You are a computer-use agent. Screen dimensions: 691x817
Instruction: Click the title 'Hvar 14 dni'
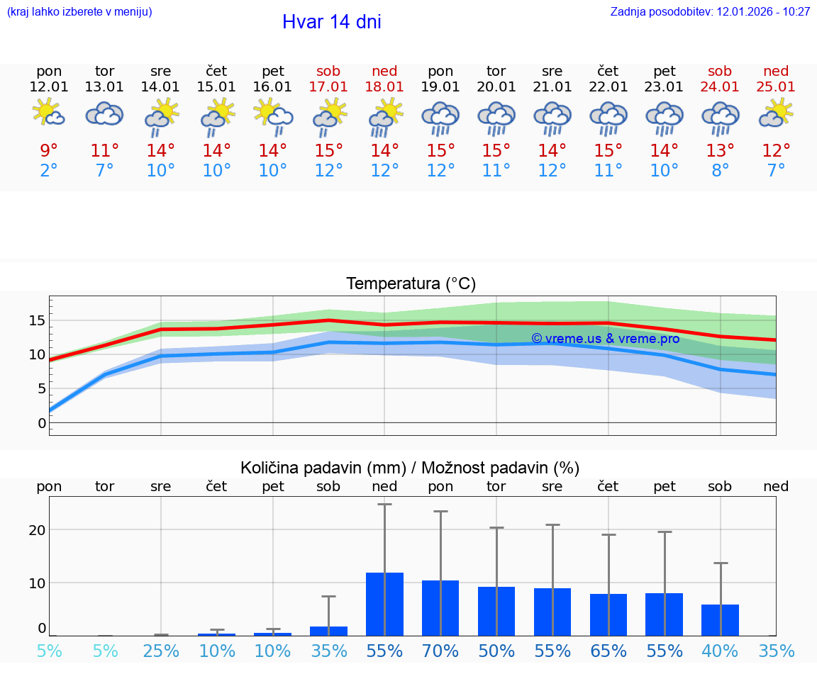pyautogui.click(x=331, y=22)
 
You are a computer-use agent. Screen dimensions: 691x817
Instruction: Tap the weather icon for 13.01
pyautogui.click(x=105, y=114)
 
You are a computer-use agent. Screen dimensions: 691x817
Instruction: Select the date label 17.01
pyautogui.click(x=328, y=87)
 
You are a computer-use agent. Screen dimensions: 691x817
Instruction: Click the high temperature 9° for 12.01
pyautogui.click(x=49, y=151)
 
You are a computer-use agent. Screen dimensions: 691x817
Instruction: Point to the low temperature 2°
pyautogui.click(x=49, y=171)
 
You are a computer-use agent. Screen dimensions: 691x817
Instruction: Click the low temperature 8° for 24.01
pyautogui.click(x=720, y=171)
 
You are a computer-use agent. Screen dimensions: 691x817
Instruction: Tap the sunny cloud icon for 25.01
pyautogui.click(x=776, y=113)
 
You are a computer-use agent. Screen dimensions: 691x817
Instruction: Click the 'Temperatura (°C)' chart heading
pyautogui.click(x=411, y=284)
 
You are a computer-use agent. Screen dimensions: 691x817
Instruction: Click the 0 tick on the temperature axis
pyautogui.click(x=42, y=423)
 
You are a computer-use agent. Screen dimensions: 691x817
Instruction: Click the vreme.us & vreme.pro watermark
pyautogui.click(x=605, y=339)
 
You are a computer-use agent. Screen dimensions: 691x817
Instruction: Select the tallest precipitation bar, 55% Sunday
pyautogui.click(x=384, y=604)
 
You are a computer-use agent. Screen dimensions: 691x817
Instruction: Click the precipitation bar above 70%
pyautogui.click(x=440, y=608)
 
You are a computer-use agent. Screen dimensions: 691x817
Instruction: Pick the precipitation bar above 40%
pyautogui.click(x=720, y=620)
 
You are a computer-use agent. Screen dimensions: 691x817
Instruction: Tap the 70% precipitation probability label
pyautogui.click(x=440, y=651)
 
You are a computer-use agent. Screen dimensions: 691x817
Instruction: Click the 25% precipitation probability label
pyautogui.click(x=161, y=651)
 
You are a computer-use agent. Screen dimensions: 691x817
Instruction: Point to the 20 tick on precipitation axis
pyautogui.click(x=37, y=530)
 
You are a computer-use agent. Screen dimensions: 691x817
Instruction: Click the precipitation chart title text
pyautogui.click(x=410, y=468)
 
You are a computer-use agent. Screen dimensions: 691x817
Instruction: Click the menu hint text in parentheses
pyautogui.click(x=79, y=12)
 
